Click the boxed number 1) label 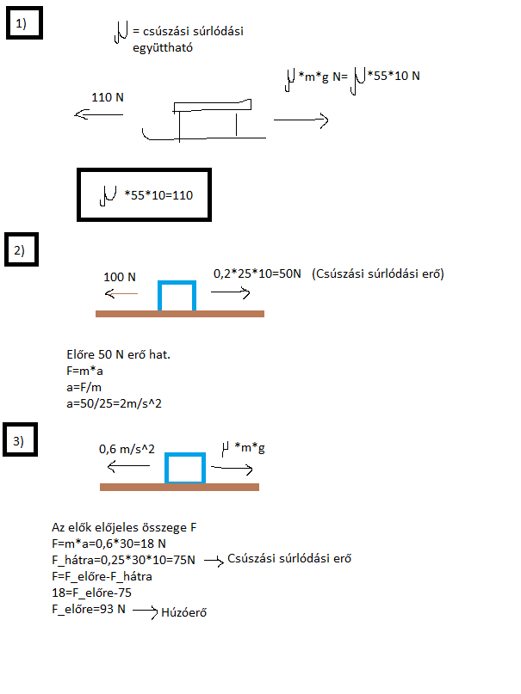[20, 25]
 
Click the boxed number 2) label [20, 251]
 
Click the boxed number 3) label [20, 442]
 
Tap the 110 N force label [108, 98]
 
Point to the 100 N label [121, 277]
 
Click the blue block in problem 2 [177, 295]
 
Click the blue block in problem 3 [185, 469]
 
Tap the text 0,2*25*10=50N [257, 273]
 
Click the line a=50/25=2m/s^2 [115, 402]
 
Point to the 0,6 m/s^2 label [127, 448]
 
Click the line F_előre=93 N [89, 609]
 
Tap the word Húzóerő [185, 614]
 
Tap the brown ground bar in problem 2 [179, 313]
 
